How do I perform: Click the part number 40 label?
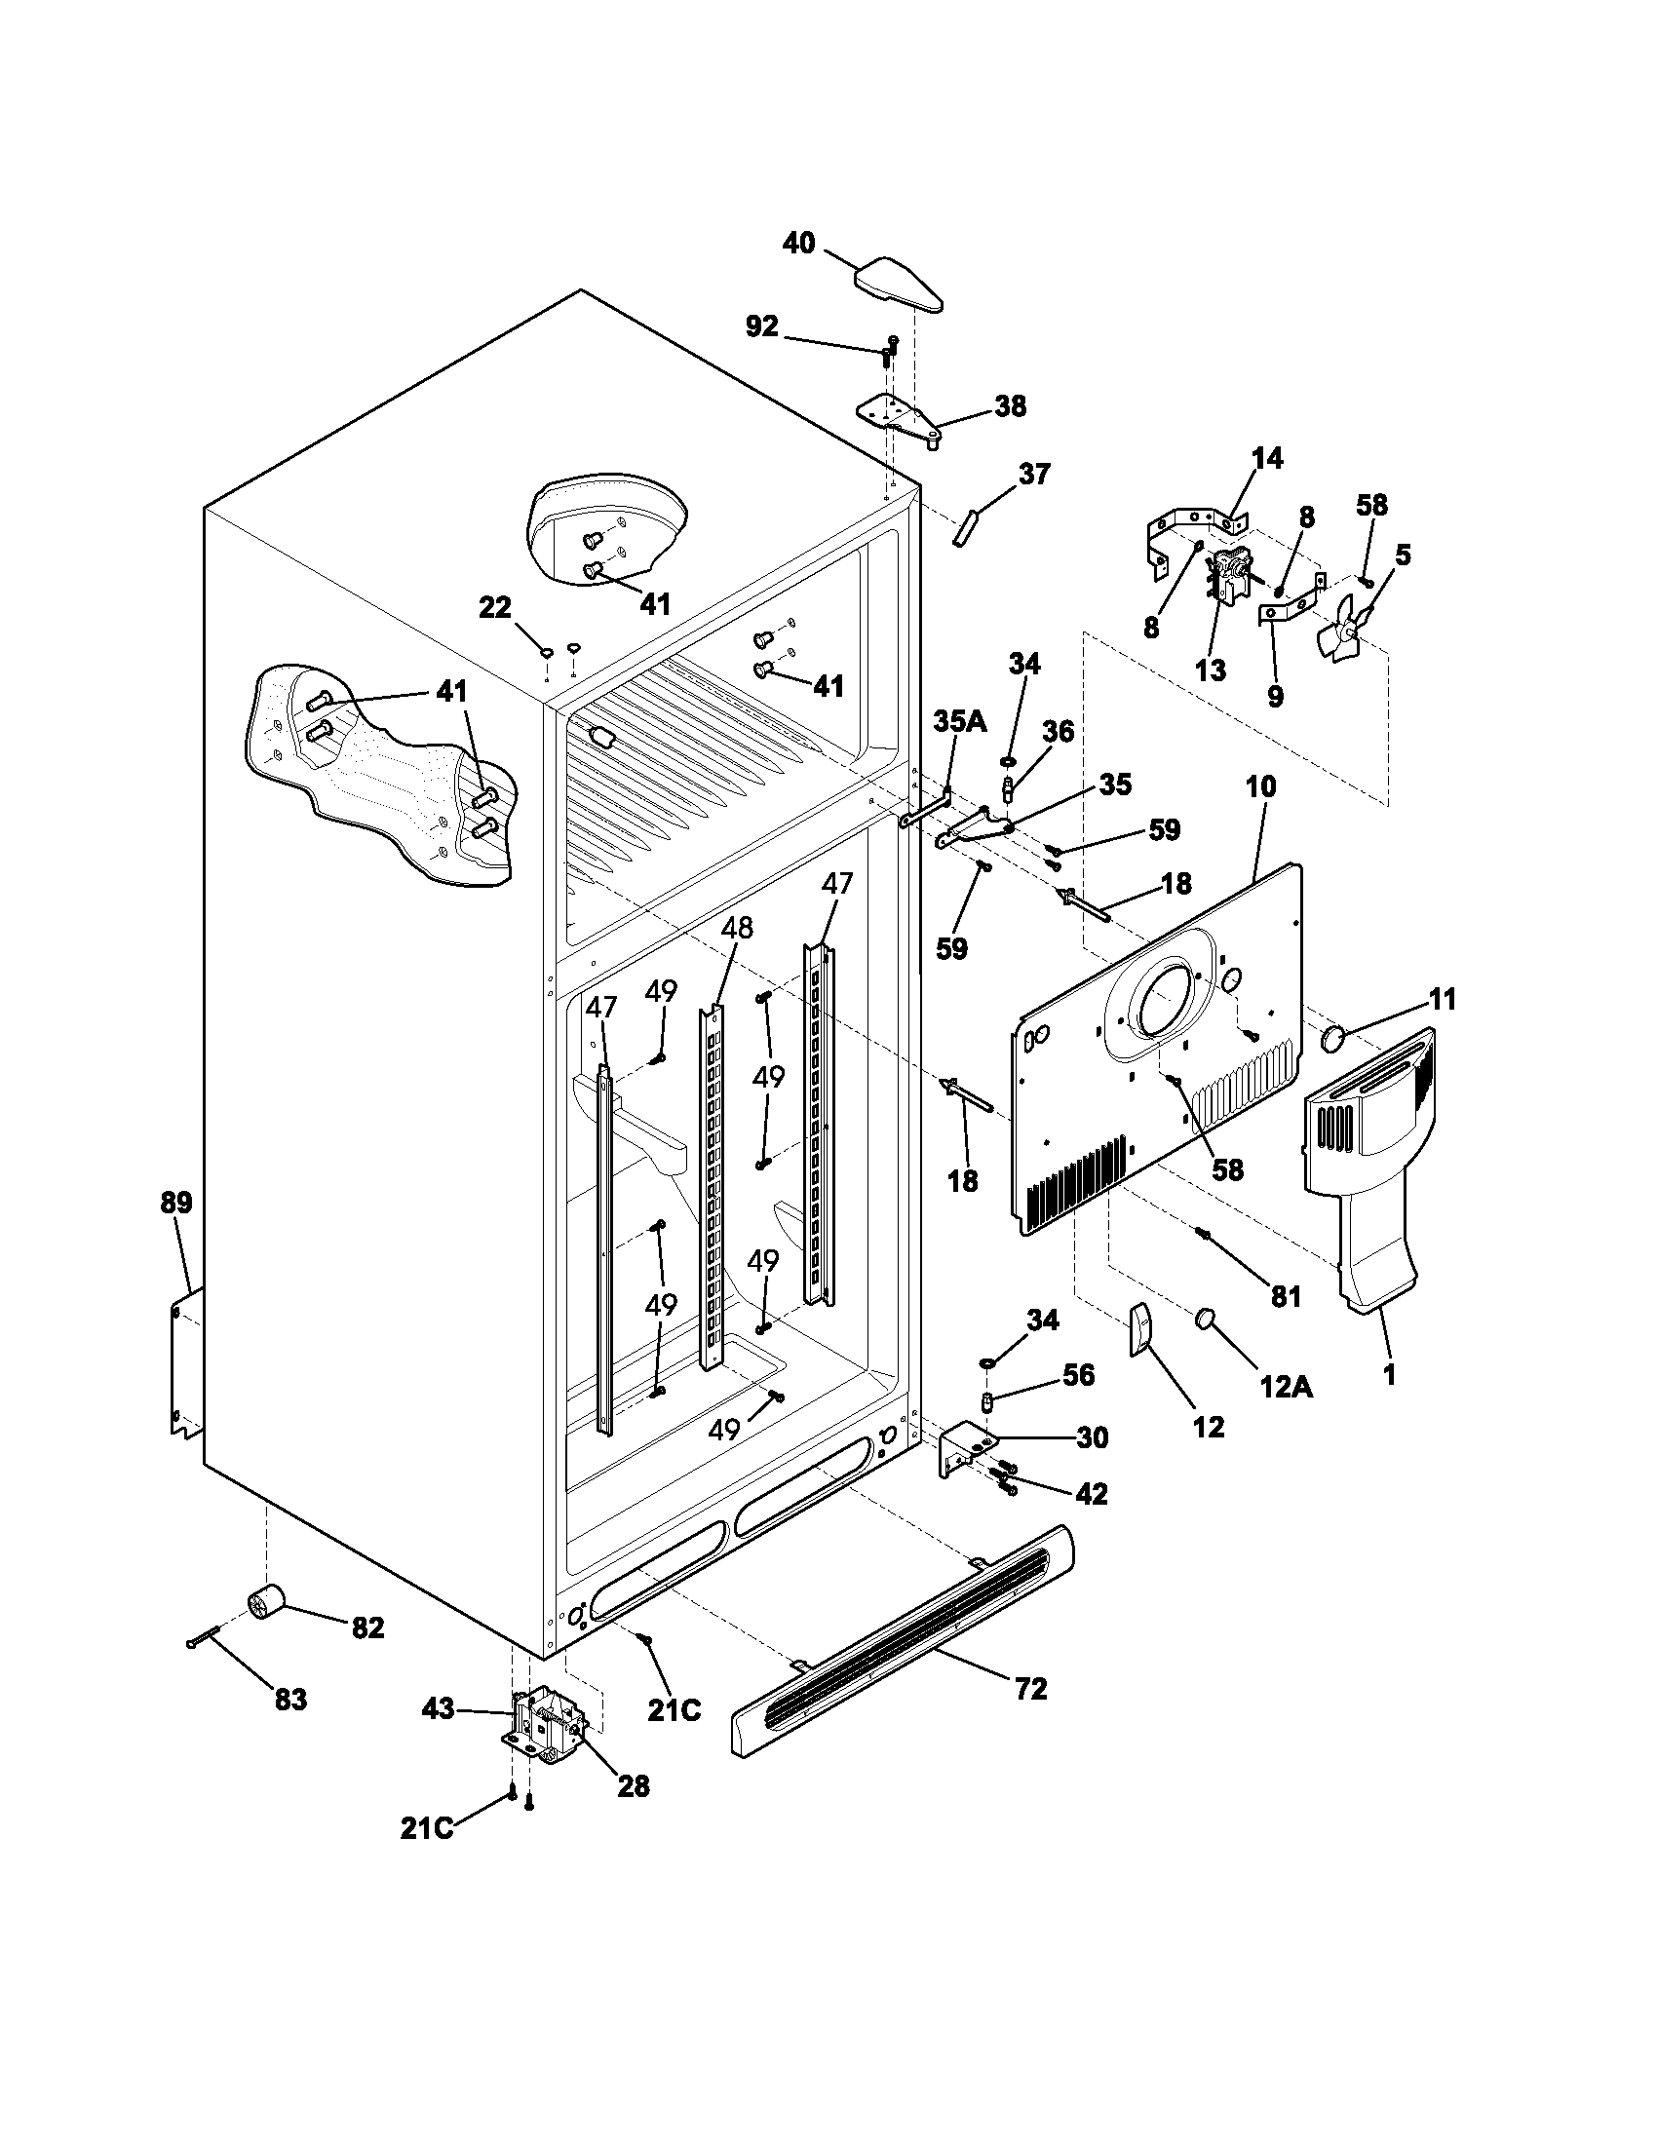[798, 243]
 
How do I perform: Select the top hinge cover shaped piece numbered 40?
[899, 284]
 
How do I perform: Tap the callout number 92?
[762, 326]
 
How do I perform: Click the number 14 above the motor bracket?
[1267, 457]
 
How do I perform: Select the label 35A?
[959, 721]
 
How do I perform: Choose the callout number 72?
[1030, 1689]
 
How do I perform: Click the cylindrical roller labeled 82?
[265, 1604]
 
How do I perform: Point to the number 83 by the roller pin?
[290, 1699]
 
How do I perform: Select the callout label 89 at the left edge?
[177, 1202]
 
